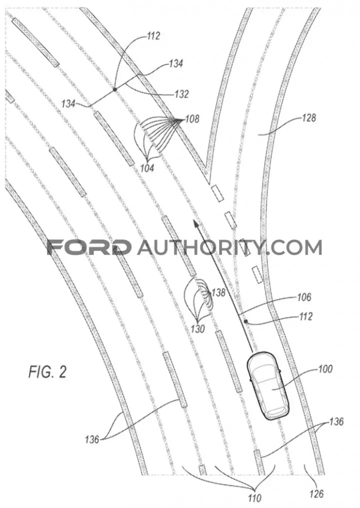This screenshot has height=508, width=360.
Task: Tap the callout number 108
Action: click(x=192, y=119)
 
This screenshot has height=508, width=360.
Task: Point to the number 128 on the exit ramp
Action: click(x=308, y=117)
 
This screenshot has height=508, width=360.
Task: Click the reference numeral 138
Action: click(x=218, y=293)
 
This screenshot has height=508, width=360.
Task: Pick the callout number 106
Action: click(x=304, y=297)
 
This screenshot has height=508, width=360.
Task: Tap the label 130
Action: click(x=197, y=329)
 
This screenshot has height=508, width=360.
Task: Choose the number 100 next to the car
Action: click(x=325, y=369)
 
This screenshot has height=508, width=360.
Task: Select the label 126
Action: click(x=316, y=494)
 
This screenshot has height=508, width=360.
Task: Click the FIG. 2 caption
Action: click(x=47, y=372)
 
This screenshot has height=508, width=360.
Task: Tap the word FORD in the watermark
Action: click(x=89, y=247)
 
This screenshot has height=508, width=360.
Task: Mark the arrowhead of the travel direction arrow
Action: click(x=195, y=224)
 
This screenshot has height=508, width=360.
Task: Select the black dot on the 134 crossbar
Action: click(x=114, y=89)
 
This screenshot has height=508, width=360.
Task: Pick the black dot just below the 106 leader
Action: click(x=246, y=321)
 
